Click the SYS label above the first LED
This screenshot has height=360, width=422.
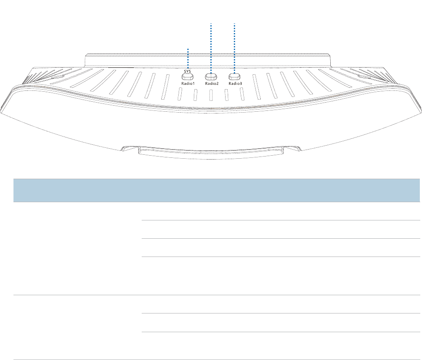(x=188, y=70)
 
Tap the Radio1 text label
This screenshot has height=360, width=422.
(x=188, y=83)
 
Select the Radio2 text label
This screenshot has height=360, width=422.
(x=212, y=83)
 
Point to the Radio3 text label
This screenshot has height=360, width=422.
(x=235, y=83)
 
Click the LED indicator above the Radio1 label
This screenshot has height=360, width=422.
(x=188, y=77)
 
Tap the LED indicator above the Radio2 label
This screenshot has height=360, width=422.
(x=212, y=77)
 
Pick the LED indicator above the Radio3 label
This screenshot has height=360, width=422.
(x=235, y=77)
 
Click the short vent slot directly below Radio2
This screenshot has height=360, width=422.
(x=211, y=96)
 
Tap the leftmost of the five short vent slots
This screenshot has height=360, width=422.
(x=180, y=94)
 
